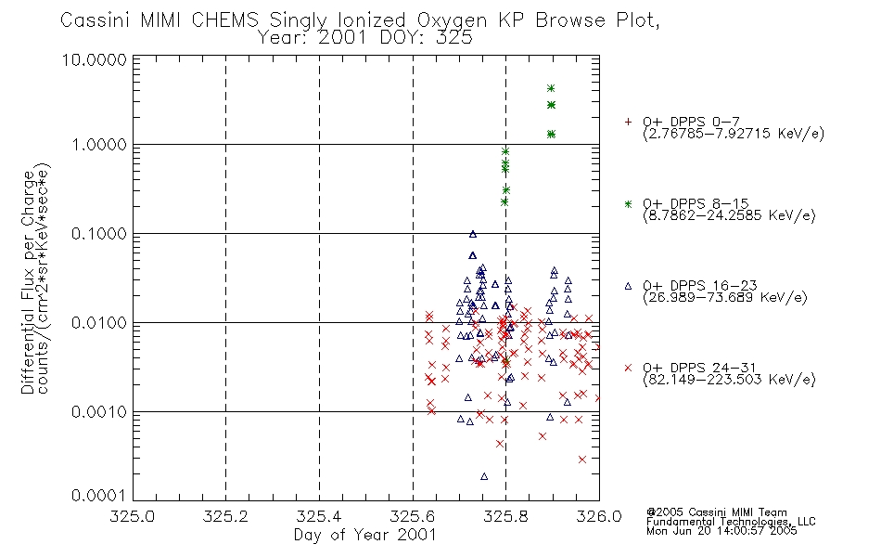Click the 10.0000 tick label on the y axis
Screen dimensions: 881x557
coord(94,59)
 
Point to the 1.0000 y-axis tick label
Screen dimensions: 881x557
coord(99,145)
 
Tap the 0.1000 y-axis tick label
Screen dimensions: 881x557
coord(99,234)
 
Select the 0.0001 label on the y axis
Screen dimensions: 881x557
coord(99,496)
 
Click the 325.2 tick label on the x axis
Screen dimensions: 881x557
coord(226,516)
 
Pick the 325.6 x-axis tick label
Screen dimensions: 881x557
coord(413,516)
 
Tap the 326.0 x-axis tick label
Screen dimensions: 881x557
coord(599,516)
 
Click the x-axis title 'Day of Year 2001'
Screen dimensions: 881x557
coord(365,535)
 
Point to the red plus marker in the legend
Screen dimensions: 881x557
coord(628,122)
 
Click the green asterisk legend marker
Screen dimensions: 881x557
coord(628,203)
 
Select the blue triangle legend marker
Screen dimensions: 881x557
coord(628,286)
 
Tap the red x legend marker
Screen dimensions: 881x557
coord(628,368)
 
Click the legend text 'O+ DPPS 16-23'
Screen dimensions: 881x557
coord(700,285)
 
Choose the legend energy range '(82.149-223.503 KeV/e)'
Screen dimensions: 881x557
coord(729,380)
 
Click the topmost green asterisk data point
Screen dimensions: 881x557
coord(551,88)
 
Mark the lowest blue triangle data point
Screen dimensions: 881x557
coord(484,476)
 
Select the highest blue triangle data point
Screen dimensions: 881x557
coord(473,234)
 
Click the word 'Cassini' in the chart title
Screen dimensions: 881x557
coord(95,20)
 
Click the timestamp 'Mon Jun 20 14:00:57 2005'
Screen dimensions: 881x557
coord(721,531)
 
